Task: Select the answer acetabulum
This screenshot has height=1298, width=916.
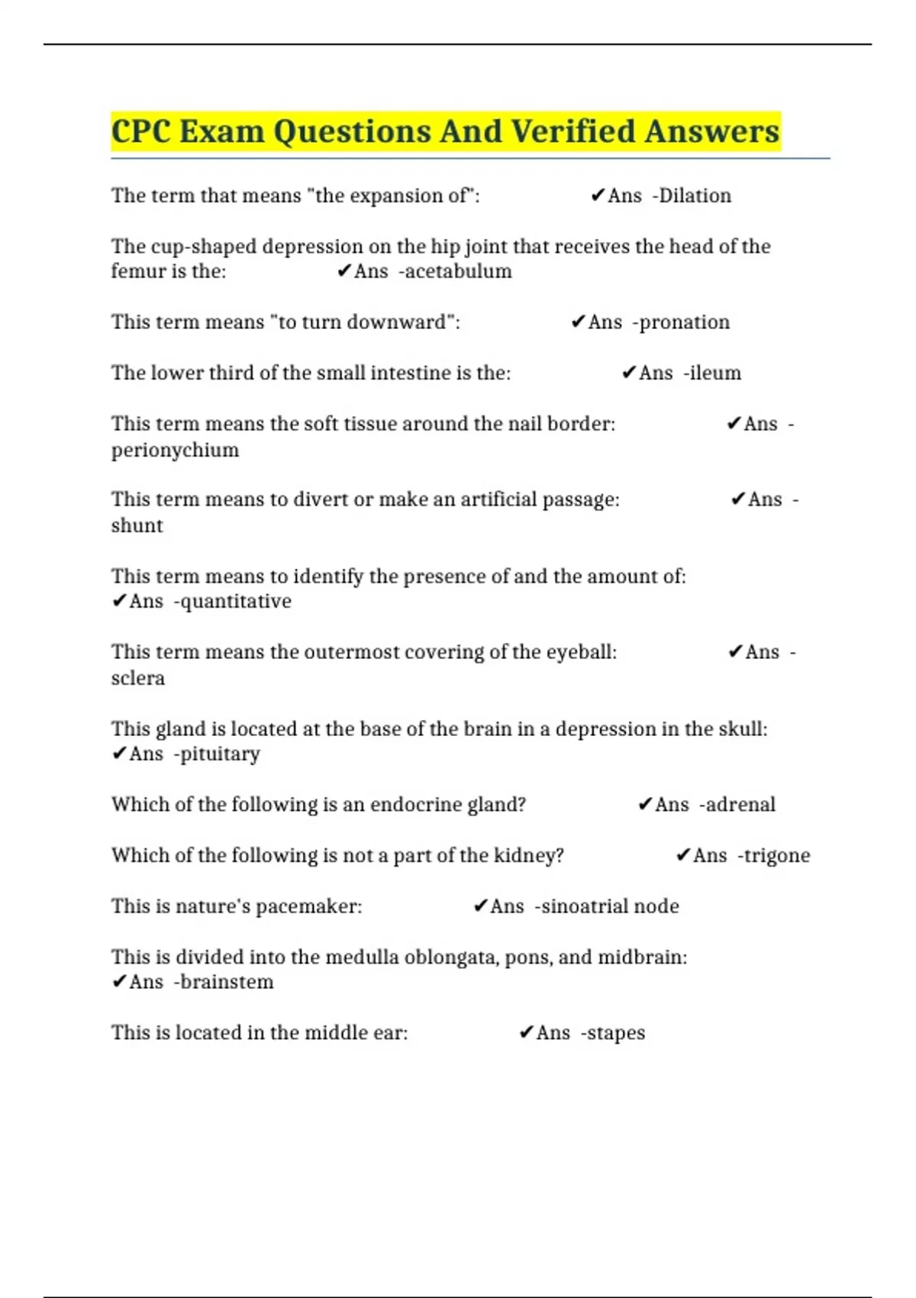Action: click(458, 272)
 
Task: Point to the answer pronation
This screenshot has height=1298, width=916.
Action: click(684, 322)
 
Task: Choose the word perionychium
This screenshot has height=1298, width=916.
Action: click(175, 450)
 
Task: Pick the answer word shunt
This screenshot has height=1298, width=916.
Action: click(137, 526)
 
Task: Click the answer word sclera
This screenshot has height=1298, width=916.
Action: click(138, 678)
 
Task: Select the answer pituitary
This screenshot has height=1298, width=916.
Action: click(220, 754)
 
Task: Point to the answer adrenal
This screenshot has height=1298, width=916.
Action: click(740, 805)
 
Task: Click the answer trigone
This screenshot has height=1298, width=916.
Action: click(776, 856)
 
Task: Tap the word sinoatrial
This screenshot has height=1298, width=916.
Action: click(582, 906)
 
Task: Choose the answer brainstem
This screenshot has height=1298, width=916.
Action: click(227, 982)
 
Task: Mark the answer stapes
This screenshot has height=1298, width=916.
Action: click(616, 1033)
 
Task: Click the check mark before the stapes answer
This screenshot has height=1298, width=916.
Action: click(525, 1033)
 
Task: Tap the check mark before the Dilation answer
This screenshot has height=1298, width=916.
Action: click(598, 196)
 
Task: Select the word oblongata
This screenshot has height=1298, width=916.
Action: click(450, 957)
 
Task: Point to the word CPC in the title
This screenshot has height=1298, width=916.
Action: click(141, 131)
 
